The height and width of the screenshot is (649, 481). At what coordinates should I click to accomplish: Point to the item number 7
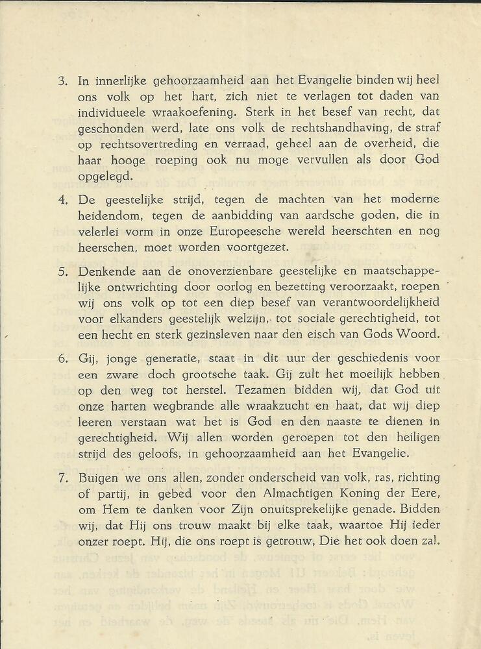[x=62, y=477]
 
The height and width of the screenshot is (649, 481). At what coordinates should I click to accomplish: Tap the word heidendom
[x=107, y=214]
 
